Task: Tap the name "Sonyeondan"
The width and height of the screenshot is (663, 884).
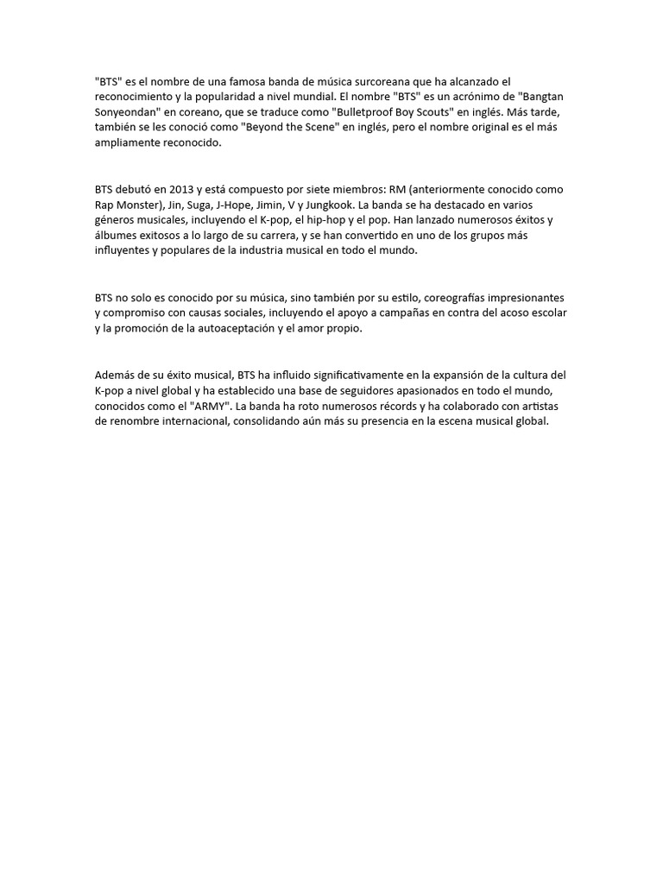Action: click(129, 111)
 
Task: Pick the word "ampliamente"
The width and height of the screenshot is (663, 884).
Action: click(129, 142)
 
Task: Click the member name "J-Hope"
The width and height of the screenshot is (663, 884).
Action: click(263, 205)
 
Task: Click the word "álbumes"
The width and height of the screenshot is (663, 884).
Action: click(117, 236)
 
